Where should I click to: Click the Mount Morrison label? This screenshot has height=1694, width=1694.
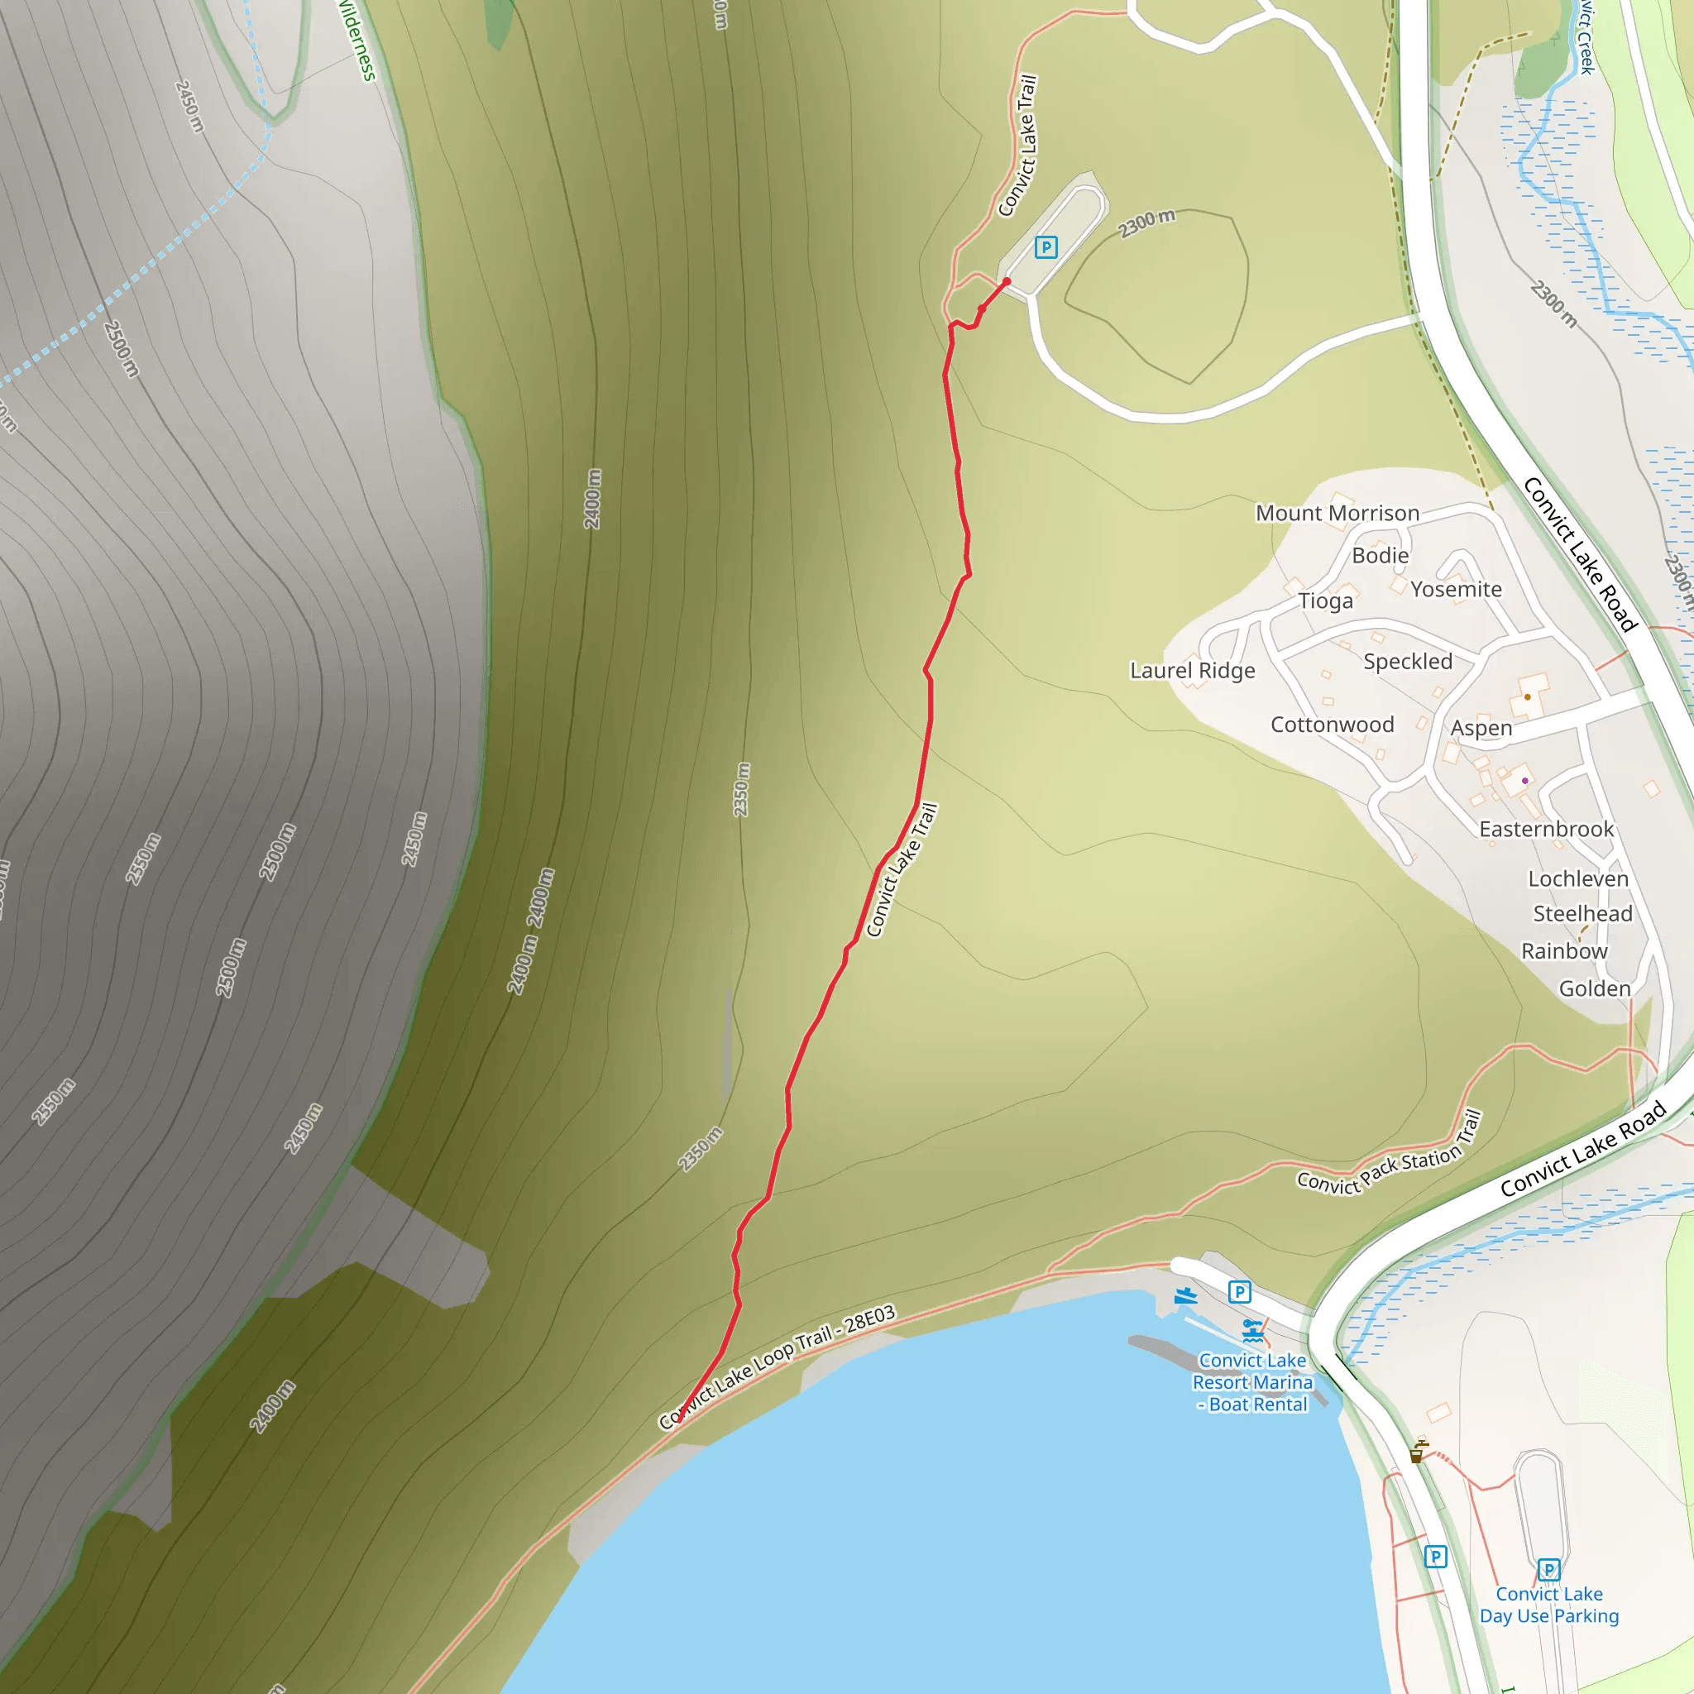(x=1337, y=513)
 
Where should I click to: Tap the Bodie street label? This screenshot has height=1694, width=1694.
(x=1381, y=555)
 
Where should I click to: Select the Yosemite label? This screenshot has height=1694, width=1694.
(x=1456, y=589)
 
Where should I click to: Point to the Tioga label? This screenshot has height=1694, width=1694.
(x=1325, y=601)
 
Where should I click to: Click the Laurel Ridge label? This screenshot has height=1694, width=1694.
(x=1192, y=671)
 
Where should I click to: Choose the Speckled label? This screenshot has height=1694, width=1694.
(x=1407, y=661)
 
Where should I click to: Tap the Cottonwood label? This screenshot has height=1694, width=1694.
(x=1332, y=725)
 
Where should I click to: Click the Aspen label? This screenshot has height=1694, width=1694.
(x=1481, y=728)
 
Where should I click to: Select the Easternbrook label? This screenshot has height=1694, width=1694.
(x=1546, y=829)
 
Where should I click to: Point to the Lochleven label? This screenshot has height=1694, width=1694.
(x=1578, y=878)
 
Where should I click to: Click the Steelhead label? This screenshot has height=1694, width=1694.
(x=1582, y=914)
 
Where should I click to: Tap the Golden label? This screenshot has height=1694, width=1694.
(x=1594, y=988)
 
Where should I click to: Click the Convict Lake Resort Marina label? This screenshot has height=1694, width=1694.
(x=1252, y=1382)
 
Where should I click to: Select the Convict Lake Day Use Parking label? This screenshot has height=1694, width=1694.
(x=1548, y=1605)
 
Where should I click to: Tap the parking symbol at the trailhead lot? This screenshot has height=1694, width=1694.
(x=1046, y=247)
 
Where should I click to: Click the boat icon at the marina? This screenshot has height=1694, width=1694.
(x=1185, y=1295)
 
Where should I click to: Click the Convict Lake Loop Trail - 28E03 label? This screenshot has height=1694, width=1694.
(x=778, y=1365)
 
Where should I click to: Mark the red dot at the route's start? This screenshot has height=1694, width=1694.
(x=1007, y=281)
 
